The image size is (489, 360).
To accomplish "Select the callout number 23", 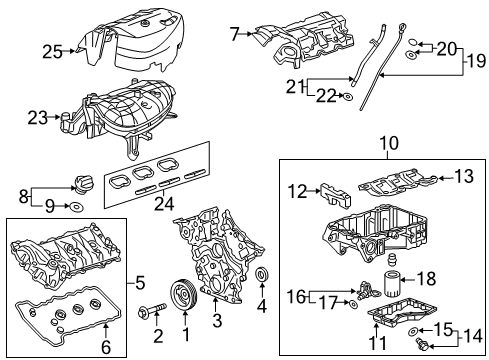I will (37, 117).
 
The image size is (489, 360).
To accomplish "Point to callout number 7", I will (236, 35).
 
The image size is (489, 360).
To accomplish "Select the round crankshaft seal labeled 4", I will (262, 276).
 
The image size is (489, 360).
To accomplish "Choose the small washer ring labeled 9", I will (76, 209).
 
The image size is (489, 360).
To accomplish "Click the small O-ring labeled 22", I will (345, 97).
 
